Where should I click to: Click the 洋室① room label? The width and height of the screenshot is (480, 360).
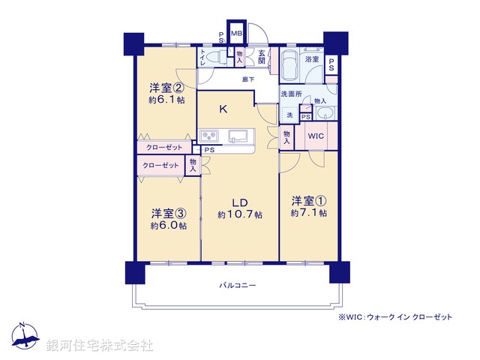309,200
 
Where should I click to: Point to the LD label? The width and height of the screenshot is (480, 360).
239,202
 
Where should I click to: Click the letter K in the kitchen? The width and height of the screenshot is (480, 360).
223,109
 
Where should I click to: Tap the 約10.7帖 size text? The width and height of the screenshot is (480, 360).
239,215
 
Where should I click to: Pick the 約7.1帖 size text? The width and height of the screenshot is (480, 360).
309,213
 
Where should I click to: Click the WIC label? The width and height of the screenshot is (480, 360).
315,136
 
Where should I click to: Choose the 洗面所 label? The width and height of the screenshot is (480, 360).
291,94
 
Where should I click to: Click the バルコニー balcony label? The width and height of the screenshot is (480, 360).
238,286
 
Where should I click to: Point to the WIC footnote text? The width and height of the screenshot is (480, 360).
394,317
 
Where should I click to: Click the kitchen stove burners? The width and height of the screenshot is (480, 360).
208,136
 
